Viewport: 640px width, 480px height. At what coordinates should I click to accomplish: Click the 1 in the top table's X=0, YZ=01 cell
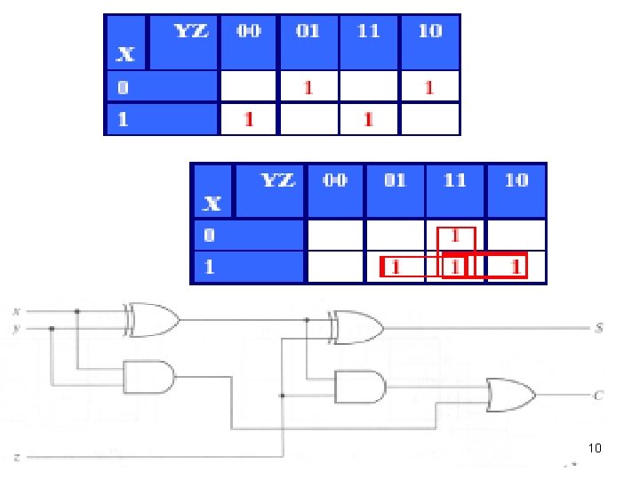point(308,87)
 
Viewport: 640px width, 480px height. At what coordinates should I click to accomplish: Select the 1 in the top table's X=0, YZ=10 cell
point(428,87)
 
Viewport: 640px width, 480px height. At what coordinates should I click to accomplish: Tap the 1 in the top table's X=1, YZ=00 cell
point(248,118)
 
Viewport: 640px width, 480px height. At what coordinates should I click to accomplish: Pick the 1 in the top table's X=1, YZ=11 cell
point(368,118)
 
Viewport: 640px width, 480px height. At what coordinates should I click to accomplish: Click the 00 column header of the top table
point(249,31)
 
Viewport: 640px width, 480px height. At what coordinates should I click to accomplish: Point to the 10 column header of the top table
point(429,31)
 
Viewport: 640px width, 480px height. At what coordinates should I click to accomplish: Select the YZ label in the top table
point(191,31)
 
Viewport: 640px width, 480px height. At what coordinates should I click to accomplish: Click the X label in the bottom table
point(212,204)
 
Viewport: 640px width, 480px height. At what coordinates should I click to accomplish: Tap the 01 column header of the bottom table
point(395,180)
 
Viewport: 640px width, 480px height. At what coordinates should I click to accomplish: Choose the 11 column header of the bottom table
point(454,180)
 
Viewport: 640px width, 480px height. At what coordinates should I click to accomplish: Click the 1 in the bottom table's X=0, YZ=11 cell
point(455,237)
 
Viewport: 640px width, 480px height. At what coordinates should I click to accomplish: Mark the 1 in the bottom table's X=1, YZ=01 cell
point(396,266)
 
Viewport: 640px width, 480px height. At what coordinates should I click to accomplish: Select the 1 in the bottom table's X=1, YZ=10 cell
point(515,266)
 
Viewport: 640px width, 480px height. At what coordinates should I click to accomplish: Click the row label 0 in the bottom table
point(209,236)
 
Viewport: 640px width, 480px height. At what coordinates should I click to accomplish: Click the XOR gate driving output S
point(355,327)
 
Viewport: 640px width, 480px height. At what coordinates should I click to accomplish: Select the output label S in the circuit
point(599,328)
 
